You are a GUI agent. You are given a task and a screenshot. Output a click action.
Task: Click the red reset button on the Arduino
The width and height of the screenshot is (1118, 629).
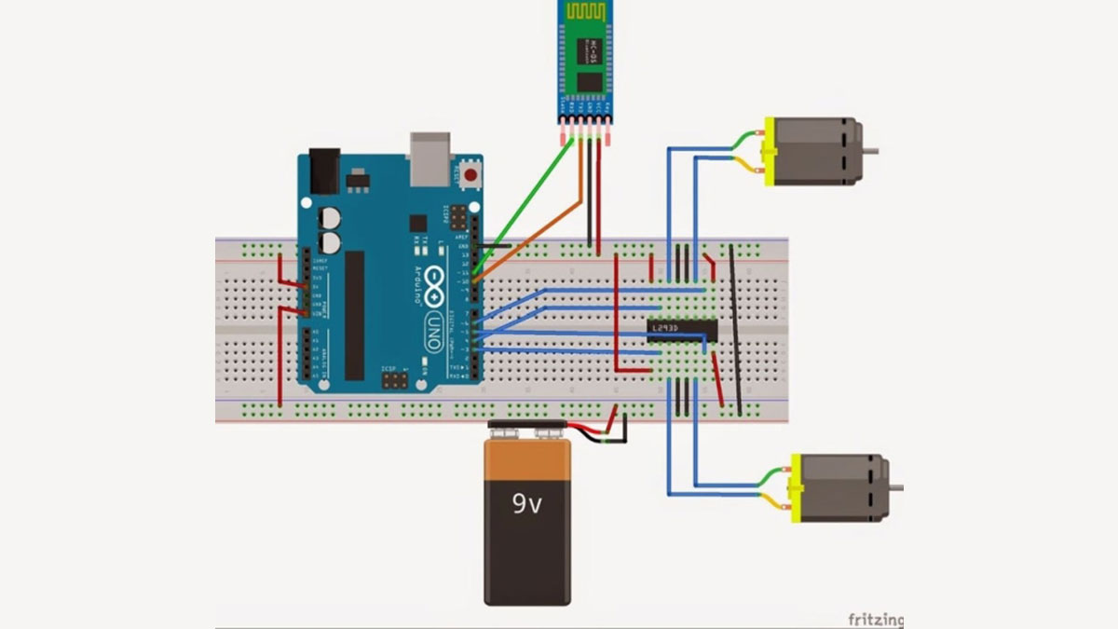[x=471, y=173]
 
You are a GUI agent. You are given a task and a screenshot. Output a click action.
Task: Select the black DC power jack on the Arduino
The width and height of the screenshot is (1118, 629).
[x=322, y=171]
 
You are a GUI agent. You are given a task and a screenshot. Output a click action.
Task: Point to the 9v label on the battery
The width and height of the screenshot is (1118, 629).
[x=526, y=504]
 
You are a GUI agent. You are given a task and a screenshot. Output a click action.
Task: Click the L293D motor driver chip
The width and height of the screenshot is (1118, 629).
[x=683, y=329]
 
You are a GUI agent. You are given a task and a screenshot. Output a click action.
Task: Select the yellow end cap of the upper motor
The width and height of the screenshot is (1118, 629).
[x=770, y=151]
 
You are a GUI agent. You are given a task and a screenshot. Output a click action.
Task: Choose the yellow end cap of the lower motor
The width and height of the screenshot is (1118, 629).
[x=796, y=488]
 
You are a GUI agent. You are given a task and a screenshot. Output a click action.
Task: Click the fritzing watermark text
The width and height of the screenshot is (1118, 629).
[x=874, y=619]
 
